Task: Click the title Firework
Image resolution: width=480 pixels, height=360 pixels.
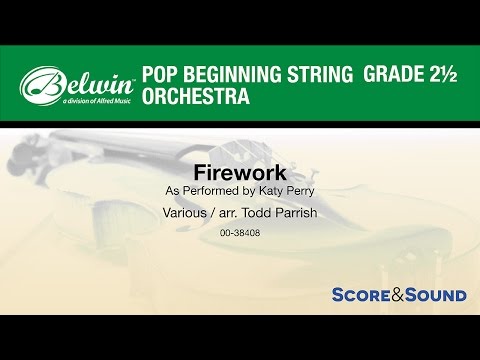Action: point(239,169)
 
